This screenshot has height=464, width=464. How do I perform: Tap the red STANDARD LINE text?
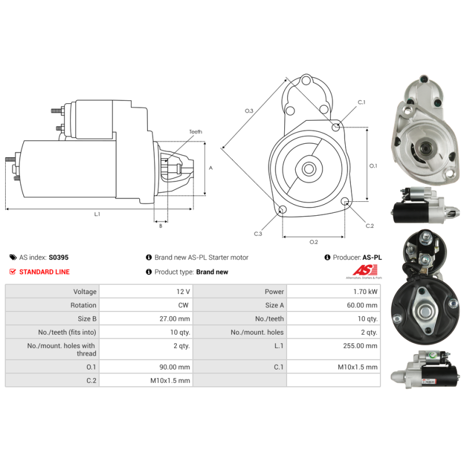click(x=44, y=272)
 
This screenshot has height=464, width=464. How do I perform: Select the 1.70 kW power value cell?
click(x=365, y=292)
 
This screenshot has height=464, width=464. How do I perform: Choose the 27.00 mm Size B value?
click(x=175, y=318)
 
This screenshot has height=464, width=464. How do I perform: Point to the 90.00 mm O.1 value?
click(x=176, y=367)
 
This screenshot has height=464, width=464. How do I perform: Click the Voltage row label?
click(x=85, y=292)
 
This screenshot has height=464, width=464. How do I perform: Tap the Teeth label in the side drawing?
click(x=195, y=132)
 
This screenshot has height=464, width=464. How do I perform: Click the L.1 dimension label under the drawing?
click(x=97, y=214)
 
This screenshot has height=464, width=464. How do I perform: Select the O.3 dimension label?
click(x=249, y=110)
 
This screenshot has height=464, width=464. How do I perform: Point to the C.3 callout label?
click(x=258, y=234)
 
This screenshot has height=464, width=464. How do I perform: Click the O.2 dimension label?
click(x=313, y=241)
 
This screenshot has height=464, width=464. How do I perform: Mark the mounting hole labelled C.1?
click(x=336, y=127)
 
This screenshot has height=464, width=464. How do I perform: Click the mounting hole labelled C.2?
click(x=346, y=202)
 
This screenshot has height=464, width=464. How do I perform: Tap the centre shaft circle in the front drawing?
click(x=309, y=169)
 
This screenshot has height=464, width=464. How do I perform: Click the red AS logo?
click(x=366, y=270)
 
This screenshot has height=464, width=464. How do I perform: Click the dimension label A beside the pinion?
click(x=211, y=168)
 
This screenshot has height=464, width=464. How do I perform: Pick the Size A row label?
click(x=275, y=305)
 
